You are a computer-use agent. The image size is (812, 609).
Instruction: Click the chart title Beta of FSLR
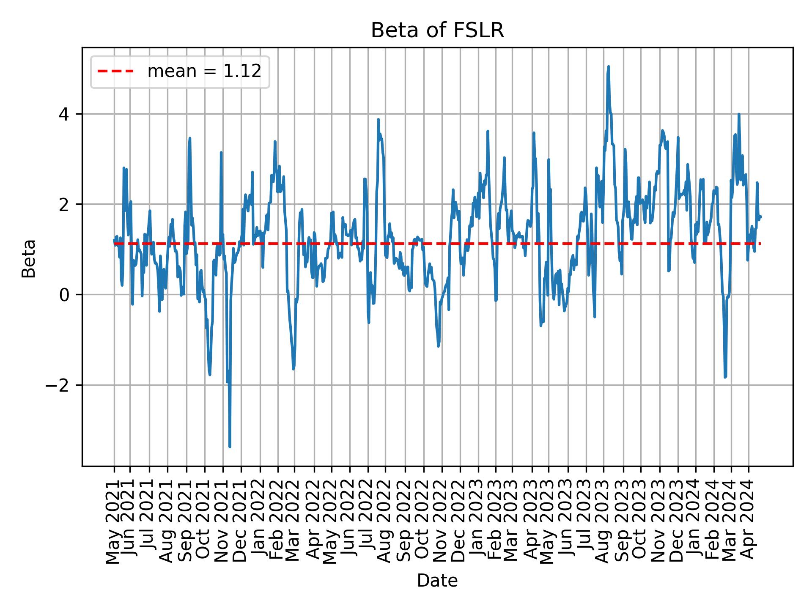[x=437, y=30]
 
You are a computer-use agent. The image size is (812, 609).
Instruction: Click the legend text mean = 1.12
[x=204, y=71]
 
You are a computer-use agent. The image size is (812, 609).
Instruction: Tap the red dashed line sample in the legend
[x=115, y=71]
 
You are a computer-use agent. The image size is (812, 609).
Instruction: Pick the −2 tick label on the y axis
[x=59, y=385]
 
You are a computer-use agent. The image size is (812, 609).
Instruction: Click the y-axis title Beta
[x=29, y=258]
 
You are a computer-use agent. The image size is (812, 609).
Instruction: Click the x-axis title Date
[x=437, y=581]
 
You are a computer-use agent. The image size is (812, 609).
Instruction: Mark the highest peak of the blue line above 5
[x=608, y=66]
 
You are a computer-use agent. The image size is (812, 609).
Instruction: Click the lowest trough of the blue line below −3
[x=230, y=447]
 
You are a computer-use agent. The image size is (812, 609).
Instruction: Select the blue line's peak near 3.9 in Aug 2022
[x=378, y=120]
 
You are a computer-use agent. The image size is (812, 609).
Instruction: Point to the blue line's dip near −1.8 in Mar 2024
[x=725, y=377]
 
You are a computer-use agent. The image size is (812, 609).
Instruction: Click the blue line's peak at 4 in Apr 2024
[x=738, y=114]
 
